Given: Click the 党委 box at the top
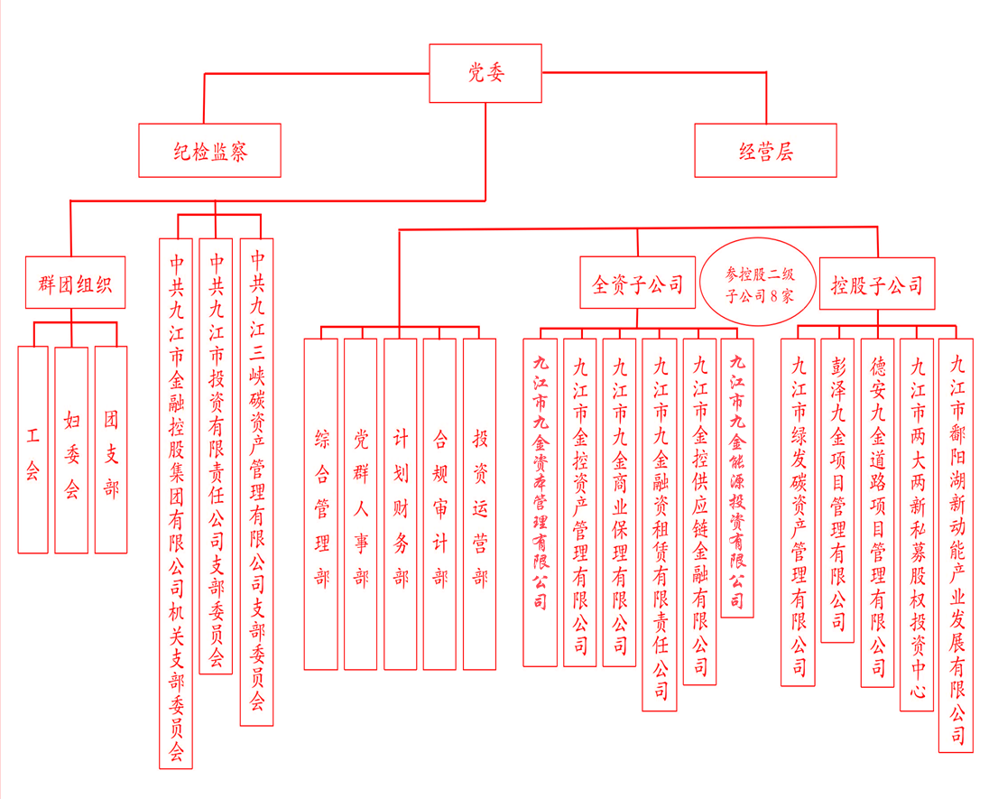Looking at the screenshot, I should coord(485,73).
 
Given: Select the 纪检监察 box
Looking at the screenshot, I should coord(209,151).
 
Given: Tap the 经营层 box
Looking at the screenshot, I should coord(766,151).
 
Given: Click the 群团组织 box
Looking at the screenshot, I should coord(75,283).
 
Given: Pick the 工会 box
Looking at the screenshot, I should coord(33,450).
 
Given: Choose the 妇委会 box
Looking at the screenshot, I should coord(72,450).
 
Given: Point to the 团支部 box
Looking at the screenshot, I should coord(111,450).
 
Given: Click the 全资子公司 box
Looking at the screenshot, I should coord(637,284).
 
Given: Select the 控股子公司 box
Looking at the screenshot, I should coord(876,284).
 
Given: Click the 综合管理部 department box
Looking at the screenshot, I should coord(321,504).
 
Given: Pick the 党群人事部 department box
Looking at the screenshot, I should coord(361,504).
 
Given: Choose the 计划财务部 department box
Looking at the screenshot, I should coord(401,504).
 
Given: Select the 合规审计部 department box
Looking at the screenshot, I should coord(439,504).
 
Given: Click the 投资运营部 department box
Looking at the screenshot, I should coord(479,504).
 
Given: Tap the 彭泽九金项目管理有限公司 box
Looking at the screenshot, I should coord(837,490).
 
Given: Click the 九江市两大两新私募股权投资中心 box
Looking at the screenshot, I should coord(917,525).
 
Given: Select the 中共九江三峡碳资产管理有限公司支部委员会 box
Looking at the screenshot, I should coord(257,482).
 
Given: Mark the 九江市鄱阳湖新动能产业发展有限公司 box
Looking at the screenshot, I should coord(956,545).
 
